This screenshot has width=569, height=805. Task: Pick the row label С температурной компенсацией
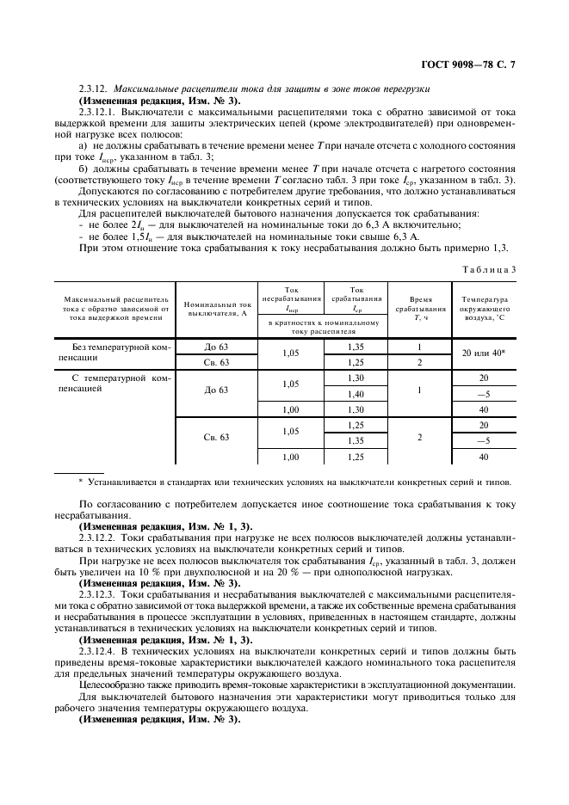point(114,383)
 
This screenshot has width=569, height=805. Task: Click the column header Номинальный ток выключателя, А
point(217,309)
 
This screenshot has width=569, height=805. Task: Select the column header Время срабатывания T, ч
point(420,309)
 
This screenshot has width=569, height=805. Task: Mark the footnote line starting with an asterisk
point(294,481)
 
